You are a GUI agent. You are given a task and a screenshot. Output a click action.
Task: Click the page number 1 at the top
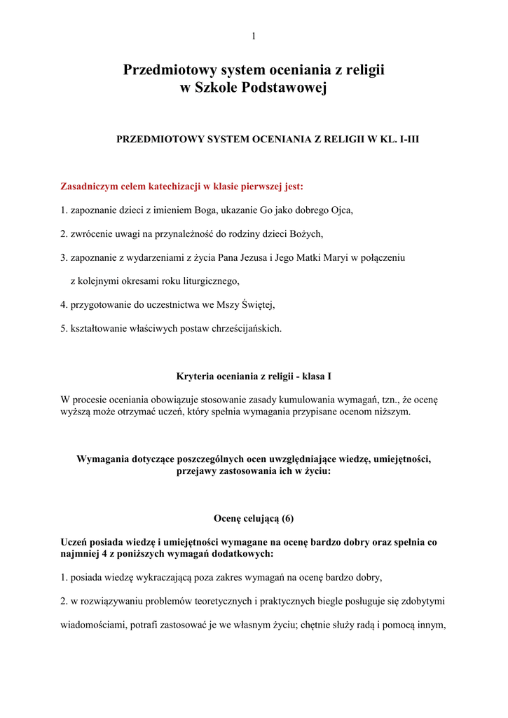[x=254, y=36]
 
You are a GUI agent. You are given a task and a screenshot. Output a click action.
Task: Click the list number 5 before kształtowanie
[x=63, y=328]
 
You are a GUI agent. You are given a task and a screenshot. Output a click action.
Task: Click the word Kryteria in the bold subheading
[x=195, y=377]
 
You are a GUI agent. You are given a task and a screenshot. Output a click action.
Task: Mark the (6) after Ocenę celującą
[x=286, y=519]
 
